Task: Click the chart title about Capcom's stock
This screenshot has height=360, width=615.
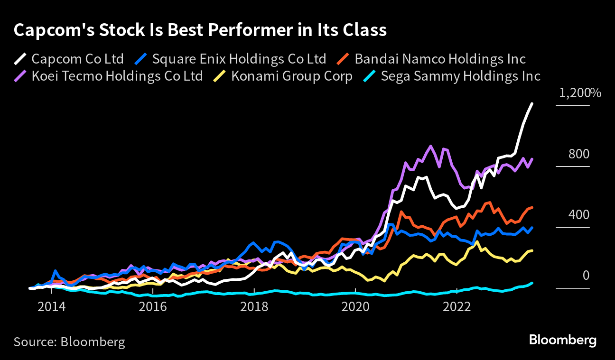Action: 200,30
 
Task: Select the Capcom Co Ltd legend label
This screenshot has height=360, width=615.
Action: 77,59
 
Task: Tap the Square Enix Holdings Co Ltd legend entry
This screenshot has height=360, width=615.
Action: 239,59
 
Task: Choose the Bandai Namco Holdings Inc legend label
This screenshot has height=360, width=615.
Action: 440,59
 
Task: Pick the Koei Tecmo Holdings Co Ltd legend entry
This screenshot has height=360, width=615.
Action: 117,76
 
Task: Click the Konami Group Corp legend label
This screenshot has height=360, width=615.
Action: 291,76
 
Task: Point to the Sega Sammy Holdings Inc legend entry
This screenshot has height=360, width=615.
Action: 460,76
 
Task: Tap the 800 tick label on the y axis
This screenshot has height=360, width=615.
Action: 579,154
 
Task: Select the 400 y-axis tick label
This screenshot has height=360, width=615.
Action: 579,215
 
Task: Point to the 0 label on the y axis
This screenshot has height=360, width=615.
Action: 586,276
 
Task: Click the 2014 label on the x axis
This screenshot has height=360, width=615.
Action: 52,307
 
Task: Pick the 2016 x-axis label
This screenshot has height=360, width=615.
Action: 153,307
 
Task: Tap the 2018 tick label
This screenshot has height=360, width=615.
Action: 254,307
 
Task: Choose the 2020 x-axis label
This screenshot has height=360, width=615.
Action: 355,307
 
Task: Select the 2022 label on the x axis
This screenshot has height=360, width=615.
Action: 457,307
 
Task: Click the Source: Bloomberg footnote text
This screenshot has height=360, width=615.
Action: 69,342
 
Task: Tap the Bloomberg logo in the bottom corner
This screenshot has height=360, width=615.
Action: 563,340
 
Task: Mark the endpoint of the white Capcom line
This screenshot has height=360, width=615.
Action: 532,103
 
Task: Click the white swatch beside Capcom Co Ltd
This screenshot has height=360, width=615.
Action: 20,59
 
